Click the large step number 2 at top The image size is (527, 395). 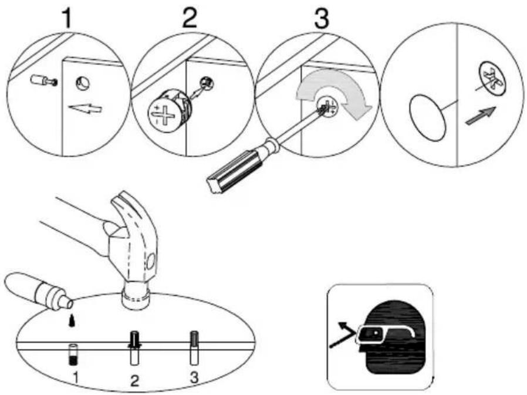pos(190,18)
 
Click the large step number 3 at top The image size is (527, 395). pos(320,18)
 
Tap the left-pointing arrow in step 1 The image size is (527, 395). pos(85,109)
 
